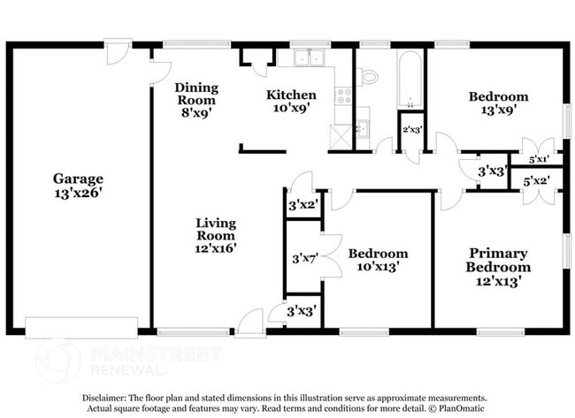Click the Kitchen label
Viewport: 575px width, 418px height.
pos(291,95)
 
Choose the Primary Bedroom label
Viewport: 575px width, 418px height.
pos(499,260)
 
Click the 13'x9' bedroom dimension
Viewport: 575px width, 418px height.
pos(499,110)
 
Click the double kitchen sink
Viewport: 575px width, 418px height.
pos(310,57)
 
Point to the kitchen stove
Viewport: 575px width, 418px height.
pos(342,95)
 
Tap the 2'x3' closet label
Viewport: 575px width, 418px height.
pos(412,130)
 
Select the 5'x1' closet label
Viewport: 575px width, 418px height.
pos(538,161)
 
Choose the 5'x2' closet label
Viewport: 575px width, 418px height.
pos(537,181)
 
